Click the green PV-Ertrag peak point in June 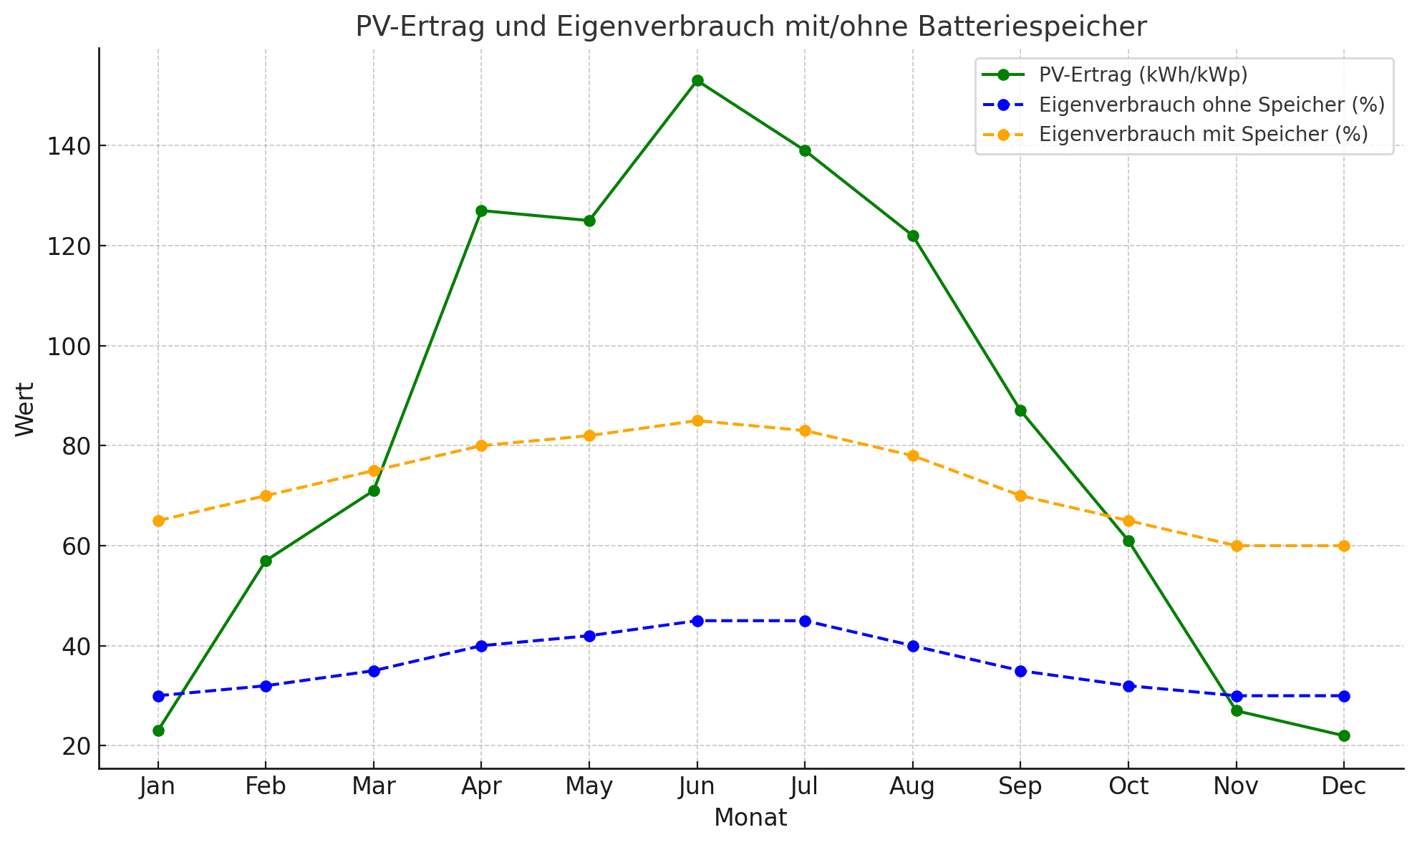coord(697,81)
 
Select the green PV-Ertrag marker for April coord(481,211)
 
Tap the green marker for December coord(1344,735)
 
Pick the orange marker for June coord(697,420)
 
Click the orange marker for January coord(158,521)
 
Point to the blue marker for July coord(805,621)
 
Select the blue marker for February coord(266,686)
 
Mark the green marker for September coord(1020,410)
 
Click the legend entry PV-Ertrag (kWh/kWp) coord(1143,74)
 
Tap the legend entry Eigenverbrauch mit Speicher coord(1203,135)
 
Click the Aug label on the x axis coord(912,787)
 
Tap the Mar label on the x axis coord(373,787)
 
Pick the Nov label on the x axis coord(1236,787)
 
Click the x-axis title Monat coord(750,818)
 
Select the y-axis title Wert coord(25,409)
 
